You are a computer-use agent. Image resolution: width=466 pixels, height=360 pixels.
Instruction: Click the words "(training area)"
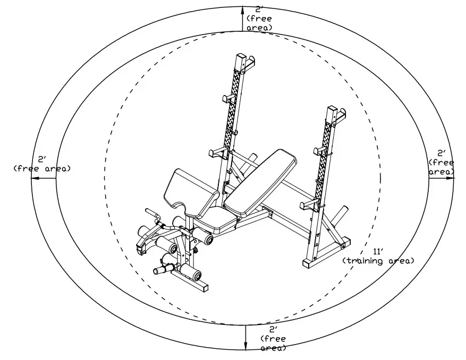(x=378, y=261)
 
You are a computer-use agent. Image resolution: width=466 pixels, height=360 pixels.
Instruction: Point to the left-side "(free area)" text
(x=42, y=168)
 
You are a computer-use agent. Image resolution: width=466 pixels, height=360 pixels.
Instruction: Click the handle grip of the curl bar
(x=150, y=212)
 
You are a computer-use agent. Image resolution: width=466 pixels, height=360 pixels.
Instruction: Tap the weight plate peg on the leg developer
(x=160, y=270)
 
